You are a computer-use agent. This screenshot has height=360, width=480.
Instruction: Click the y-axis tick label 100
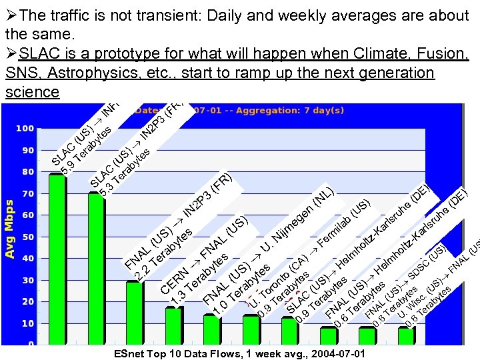click(25, 128)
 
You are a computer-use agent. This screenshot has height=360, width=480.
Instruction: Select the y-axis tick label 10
click(28, 323)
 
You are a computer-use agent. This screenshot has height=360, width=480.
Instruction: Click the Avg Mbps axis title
click(9, 220)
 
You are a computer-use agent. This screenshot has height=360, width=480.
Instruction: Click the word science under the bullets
click(32, 92)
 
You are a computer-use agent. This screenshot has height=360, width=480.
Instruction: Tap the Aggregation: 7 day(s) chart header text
click(290, 110)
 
